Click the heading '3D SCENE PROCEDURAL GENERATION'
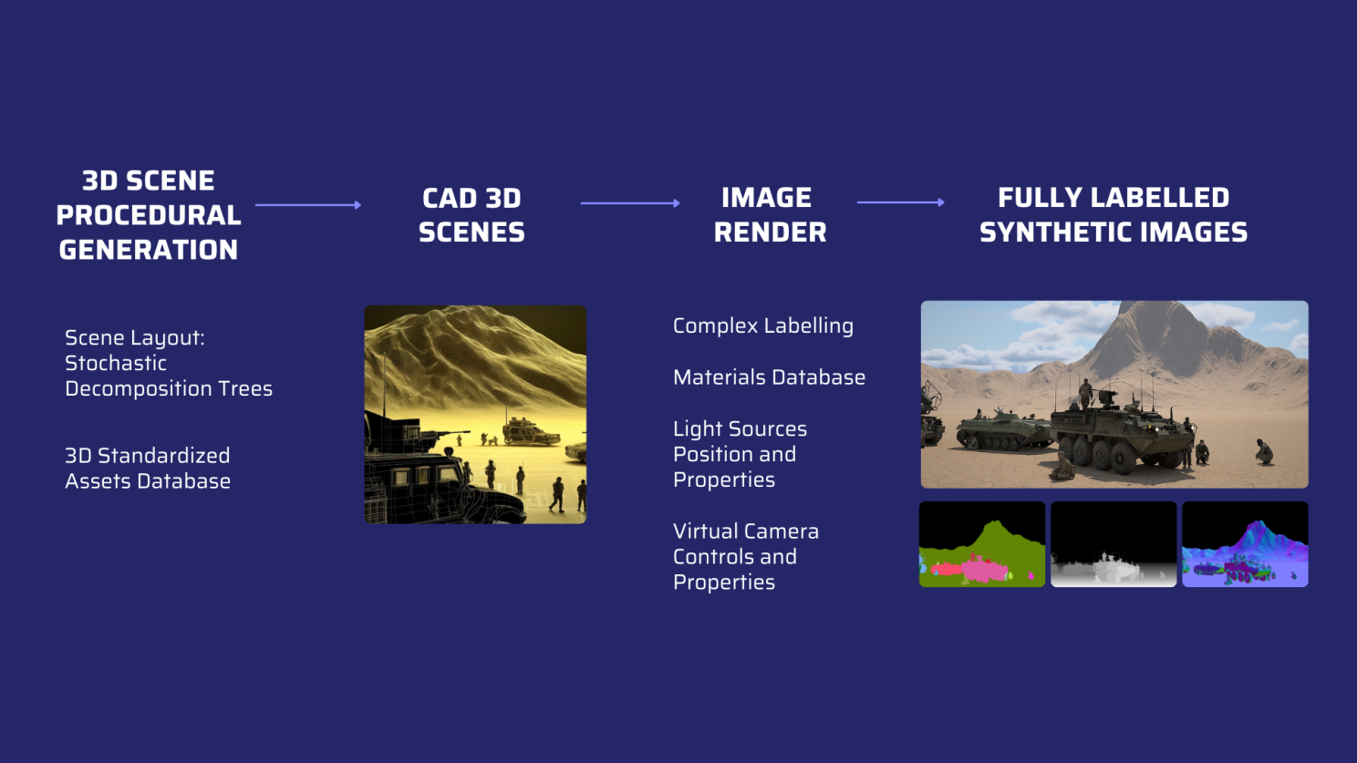pos(149,215)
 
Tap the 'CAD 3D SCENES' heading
pos(471,215)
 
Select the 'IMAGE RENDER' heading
pos(770,215)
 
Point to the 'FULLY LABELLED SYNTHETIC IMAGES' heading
pos(1114,215)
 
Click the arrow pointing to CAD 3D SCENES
pos(308,205)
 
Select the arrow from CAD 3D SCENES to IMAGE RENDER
pos(630,203)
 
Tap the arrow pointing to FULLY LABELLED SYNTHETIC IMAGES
pos(900,202)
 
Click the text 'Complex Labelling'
pos(763,325)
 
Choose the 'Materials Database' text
pos(769,377)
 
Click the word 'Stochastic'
pos(116,363)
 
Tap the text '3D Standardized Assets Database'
pos(148,469)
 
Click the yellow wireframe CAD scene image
pos(475,415)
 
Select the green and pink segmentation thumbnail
pos(982,544)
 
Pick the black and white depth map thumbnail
pos(1114,544)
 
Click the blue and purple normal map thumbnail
pos(1245,544)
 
